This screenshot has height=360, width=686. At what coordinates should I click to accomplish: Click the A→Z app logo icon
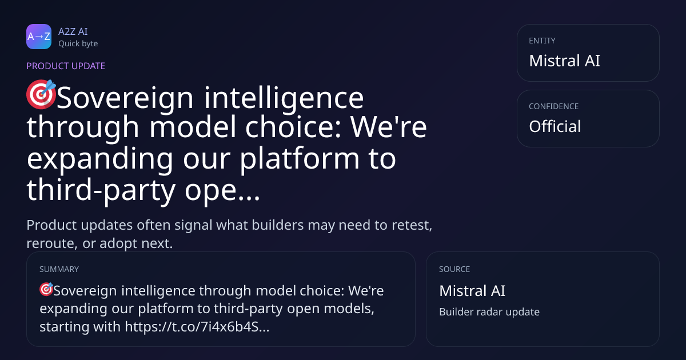coord(39,37)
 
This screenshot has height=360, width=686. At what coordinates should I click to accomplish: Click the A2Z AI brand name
coord(73,31)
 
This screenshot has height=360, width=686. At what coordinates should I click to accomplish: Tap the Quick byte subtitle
coord(78,44)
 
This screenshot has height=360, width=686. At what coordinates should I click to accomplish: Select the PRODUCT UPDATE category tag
coord(66,66)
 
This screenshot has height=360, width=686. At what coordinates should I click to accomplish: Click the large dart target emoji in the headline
coord(41,94)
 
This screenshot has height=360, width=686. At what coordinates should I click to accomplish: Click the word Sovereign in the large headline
coord(125,98)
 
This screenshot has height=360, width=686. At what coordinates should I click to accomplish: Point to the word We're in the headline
coord(389,127)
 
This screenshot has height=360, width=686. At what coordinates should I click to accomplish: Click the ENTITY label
coord(542,41)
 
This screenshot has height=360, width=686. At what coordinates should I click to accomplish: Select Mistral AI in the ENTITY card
coord(564,61)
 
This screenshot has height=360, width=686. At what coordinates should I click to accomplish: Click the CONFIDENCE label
coord(554,106)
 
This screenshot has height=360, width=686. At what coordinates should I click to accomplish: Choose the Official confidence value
coord(555,126)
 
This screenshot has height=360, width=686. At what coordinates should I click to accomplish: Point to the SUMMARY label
coord(59,269)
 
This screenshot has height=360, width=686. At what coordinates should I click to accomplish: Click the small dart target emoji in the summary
coord(46,289)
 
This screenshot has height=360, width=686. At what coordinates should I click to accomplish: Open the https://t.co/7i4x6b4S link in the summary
coord(197,327)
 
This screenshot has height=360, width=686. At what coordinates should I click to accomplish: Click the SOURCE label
coord(454,269)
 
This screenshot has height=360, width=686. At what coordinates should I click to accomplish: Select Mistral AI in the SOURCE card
coord(472,291)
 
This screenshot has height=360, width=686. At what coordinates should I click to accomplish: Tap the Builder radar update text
coord(489,312)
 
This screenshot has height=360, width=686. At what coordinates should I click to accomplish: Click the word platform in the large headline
coord(300,159)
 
